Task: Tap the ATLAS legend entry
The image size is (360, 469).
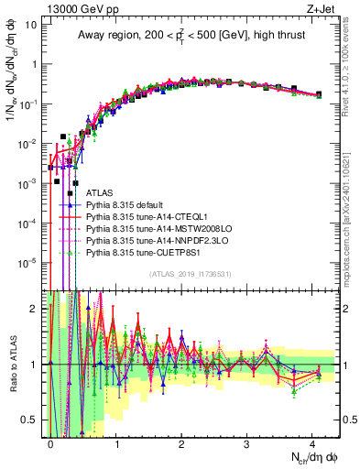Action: (x=101, y=194)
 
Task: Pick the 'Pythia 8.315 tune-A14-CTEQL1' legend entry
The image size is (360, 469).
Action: (x=151, y=218)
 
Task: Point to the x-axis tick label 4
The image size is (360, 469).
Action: (x=312, y=443)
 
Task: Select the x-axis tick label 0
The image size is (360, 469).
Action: (x=51, y=443)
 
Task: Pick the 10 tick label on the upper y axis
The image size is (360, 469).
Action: (x=29, y=25)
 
